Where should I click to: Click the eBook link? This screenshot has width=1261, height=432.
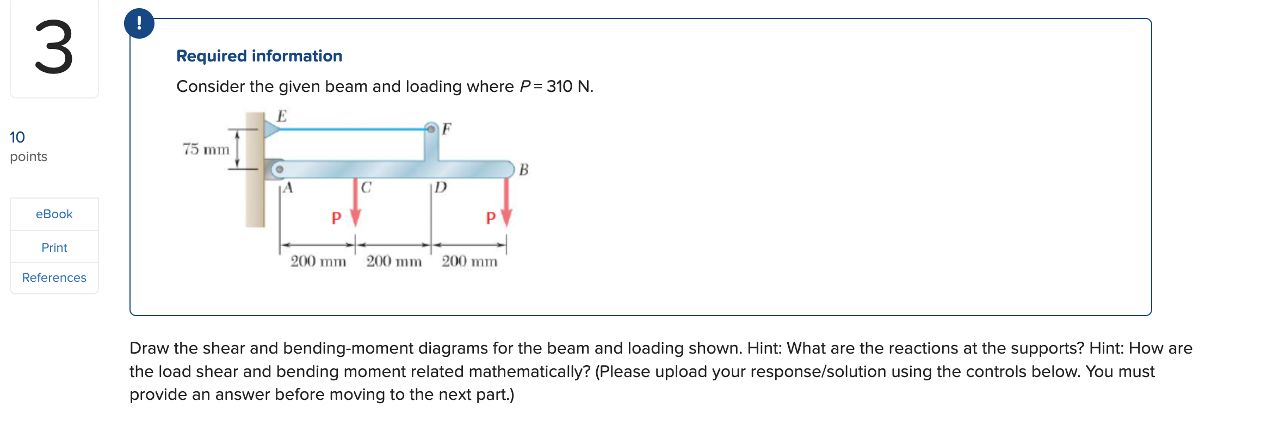pos(54,214)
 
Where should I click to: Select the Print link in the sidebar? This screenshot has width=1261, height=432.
pos(54,248)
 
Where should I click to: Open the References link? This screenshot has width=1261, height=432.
pos(54,277)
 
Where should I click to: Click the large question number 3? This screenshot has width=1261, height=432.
pos(54,48)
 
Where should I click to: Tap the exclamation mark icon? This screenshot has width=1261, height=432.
pos(139,23)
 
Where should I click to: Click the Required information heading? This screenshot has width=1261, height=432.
pos(259,56)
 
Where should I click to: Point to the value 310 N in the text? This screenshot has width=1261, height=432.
pos(569,87)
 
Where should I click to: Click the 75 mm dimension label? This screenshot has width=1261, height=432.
pos(206,149)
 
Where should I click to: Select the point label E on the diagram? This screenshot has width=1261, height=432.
pos(281,116)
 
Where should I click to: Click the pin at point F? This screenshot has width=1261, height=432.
pos(431,129)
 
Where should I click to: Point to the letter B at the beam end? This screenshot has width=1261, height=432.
pos(523,170)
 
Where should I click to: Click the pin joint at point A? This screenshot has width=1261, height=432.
pos(279,169)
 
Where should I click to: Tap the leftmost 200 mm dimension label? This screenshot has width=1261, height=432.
pos(318,262)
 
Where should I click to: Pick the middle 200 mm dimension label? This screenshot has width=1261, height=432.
pos(394,262)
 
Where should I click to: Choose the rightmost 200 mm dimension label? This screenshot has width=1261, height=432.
pos(469,262)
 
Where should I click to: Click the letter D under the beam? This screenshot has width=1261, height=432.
pos(441,188)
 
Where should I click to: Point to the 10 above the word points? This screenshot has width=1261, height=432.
pos(17,137)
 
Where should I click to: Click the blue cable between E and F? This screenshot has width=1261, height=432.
pos(351,129)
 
